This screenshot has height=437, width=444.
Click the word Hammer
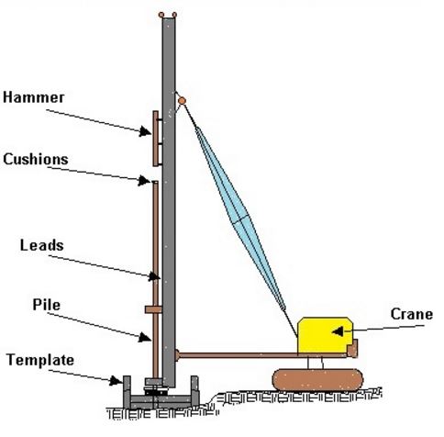34,97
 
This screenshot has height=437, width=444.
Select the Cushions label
36,159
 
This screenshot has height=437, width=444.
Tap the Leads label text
42,245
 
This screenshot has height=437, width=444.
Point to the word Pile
47,305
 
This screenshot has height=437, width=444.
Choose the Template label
40,360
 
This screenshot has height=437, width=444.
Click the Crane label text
412,314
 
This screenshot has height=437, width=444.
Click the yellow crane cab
325,335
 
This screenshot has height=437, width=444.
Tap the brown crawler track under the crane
318,380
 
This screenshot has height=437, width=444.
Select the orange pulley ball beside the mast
182,100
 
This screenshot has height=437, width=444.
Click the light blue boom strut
240,218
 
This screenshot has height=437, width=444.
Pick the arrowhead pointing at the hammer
145,131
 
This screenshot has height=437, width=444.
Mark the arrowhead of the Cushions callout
144,180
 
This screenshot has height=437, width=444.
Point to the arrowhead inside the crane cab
338,331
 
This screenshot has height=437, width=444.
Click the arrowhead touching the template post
117,381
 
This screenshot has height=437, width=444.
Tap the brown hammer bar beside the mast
156,139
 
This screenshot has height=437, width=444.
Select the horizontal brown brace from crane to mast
263,355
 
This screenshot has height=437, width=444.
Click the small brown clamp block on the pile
153,309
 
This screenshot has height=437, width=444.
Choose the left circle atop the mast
161,15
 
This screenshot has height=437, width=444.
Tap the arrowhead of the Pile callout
145,337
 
